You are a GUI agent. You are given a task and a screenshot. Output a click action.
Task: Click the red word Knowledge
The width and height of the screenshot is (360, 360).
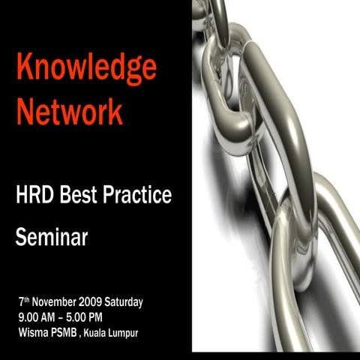point(87,70)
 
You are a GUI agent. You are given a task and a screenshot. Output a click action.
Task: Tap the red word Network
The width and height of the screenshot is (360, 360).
point(70,112)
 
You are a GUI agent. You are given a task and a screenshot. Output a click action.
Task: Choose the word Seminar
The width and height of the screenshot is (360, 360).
point(52,239)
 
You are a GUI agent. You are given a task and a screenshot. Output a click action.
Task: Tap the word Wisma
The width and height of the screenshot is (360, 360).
point(32,332)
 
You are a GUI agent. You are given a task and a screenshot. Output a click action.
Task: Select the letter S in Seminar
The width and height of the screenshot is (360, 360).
point(21,239)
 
